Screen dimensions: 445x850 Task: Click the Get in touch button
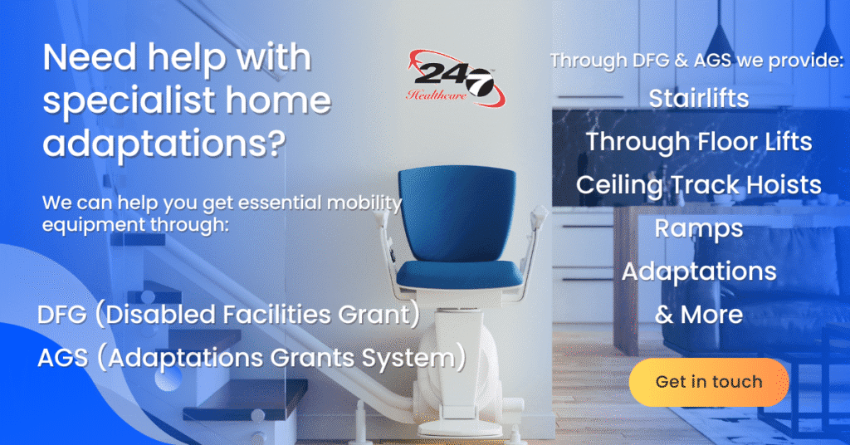coord(708,382)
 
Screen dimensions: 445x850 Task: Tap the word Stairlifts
coord(698,98)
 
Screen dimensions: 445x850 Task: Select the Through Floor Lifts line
coord(698,141)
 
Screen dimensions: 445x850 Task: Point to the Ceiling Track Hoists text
coord(698,184)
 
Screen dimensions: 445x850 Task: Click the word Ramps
coord(698,227)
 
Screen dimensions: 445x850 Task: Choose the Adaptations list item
coord(698,271)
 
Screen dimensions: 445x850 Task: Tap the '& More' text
coord(698,315)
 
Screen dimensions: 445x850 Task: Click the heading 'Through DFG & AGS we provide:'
coord(696,61)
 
